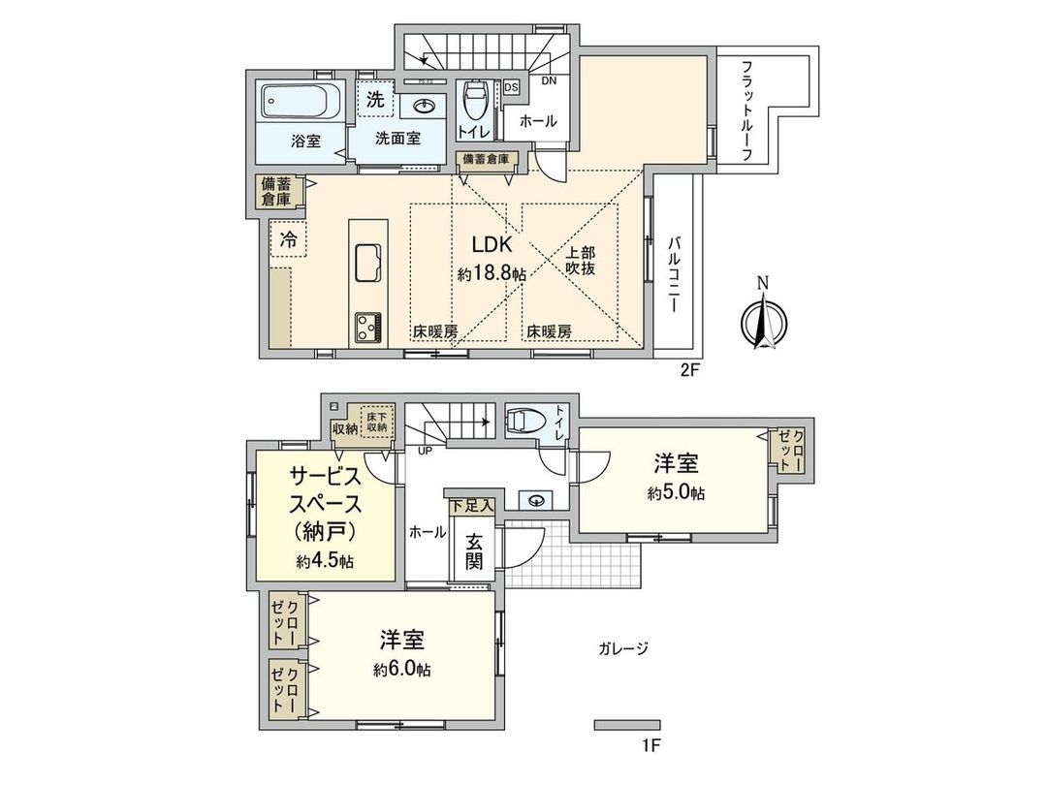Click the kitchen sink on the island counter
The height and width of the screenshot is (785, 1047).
click(369, 261)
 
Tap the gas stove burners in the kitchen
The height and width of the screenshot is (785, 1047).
click(368, 326)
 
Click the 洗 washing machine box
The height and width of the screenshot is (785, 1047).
click(374, 98)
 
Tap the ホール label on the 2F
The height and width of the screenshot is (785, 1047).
click(538, 121)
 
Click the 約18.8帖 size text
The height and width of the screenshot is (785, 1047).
click(492, 274)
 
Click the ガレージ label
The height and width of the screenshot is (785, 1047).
click(624, 648)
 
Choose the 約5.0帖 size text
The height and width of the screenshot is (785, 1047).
click(677, 492)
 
